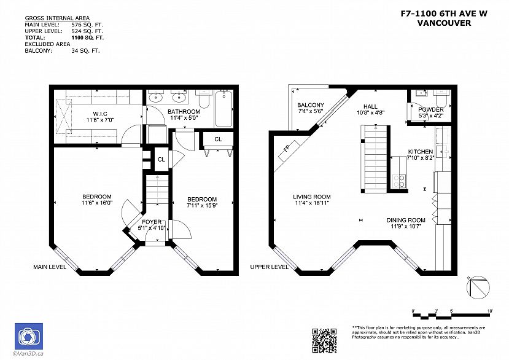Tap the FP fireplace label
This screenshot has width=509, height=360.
(x=286, y=149)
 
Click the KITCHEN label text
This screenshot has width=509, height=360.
(x=421, y=152)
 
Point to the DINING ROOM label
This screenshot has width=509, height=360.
(x=405, y=220)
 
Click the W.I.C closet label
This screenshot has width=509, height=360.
(x=101, y=113)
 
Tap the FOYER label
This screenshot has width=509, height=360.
(x=152, y=222)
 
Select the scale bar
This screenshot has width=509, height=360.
(x=451, y=315)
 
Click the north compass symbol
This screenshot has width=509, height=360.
(x=480, y=286)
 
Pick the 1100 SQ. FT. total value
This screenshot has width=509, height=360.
(x=87, y=38)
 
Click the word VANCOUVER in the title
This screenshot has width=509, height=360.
(x=444, y=23)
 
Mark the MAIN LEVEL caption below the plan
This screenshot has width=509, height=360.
(x=50, y=267)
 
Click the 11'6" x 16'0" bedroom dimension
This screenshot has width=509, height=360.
(x=97, y=203)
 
